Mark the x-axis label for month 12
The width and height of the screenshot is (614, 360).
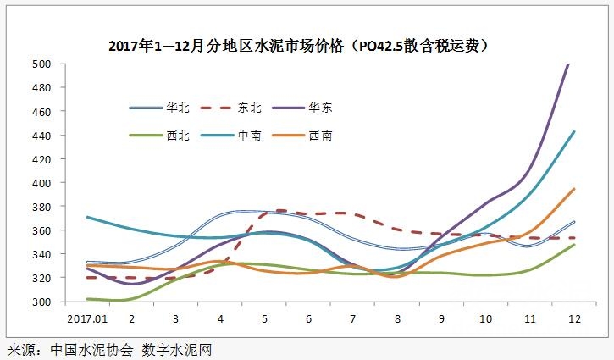573,318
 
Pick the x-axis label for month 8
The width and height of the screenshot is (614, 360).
396,318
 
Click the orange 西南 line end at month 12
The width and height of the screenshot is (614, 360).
574,189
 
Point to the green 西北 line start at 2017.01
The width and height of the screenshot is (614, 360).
87,298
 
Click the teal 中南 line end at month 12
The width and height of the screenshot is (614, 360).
574,131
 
